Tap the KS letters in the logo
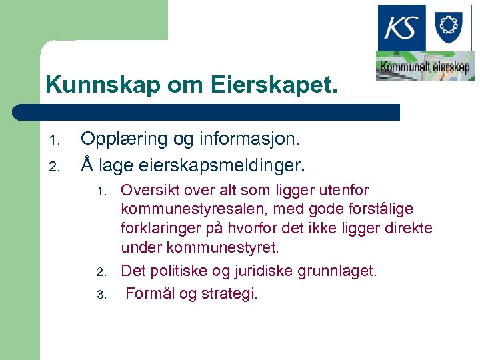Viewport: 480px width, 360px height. point(402,29)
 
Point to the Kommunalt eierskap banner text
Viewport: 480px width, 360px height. point(425,67)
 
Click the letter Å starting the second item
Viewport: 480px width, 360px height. point(87,162)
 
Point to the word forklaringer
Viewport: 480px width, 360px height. point(161,229)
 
